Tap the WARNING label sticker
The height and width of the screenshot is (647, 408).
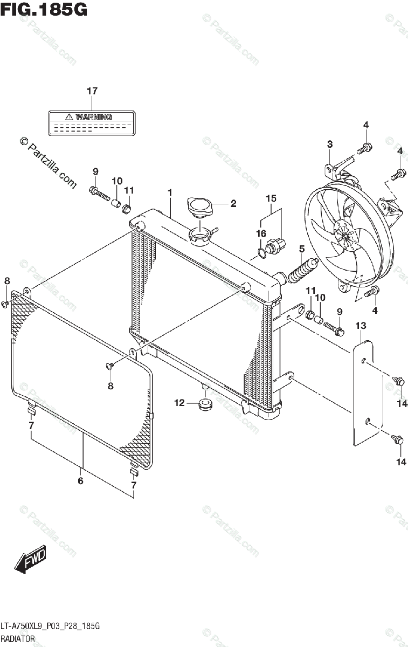click(91, 122)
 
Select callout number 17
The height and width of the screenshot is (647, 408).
click(92, 91)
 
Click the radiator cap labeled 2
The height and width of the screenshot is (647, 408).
click(200, 207)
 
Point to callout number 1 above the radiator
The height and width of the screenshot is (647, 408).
click(169, 192)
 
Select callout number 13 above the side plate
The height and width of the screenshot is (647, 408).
click(361, 325)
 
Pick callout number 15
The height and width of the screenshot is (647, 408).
click(271, 199)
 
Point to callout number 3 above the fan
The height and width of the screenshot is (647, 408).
click(329, 144)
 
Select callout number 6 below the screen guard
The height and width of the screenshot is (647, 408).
click(80, 481)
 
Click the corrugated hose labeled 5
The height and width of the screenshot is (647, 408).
click(303, 269)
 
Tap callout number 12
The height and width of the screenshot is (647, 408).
click(179, 402)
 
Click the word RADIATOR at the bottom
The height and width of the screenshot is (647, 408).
click(18, 639)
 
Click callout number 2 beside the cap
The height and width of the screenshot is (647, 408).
click(233, 204)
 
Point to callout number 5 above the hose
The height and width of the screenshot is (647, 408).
click(302, 249)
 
